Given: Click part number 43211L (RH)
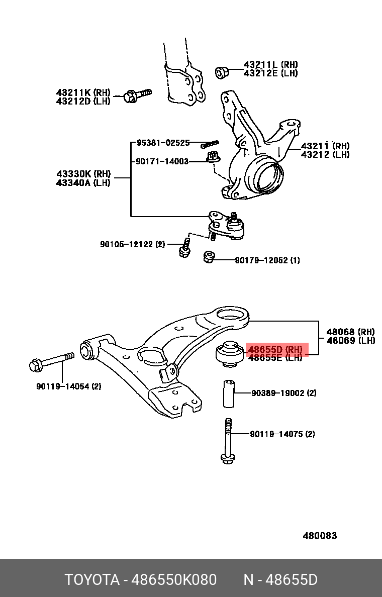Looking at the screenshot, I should (270, 65).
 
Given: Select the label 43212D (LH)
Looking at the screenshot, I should (83, 101).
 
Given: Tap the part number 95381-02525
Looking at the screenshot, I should (163, 143).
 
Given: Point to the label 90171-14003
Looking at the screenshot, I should (162, 161).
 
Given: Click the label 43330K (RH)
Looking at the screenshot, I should (83, 174).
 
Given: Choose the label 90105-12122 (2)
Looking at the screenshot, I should (132, 244).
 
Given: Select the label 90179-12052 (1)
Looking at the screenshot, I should (267, 260).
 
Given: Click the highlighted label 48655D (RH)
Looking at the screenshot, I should (275, 349).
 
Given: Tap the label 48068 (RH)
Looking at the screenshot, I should (350, 332).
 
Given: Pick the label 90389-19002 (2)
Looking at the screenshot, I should (283, 393).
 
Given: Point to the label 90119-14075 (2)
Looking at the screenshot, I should (282, 434).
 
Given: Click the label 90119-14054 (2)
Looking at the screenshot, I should (69, 386).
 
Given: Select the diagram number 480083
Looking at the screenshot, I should (320, 536).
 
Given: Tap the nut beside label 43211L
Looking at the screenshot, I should (221, 72).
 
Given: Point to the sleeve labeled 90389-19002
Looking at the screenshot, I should (229, 393).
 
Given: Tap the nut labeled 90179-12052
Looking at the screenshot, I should (209, 258).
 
